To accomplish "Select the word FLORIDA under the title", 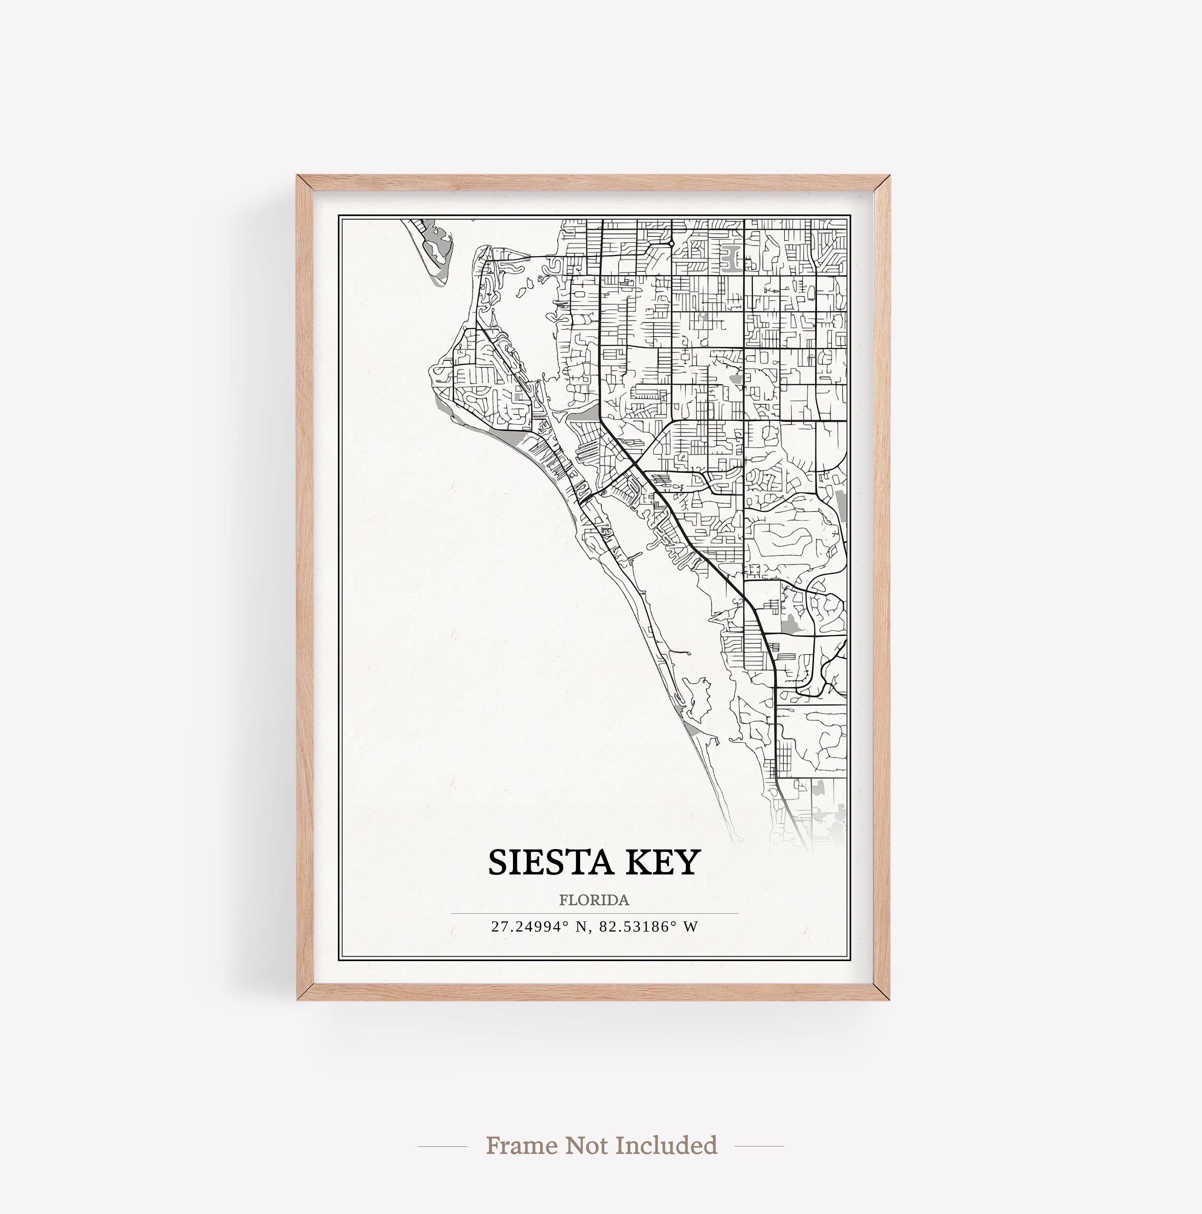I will (x=594, y=900).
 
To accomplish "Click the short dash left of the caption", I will (x=442, y=1146).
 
